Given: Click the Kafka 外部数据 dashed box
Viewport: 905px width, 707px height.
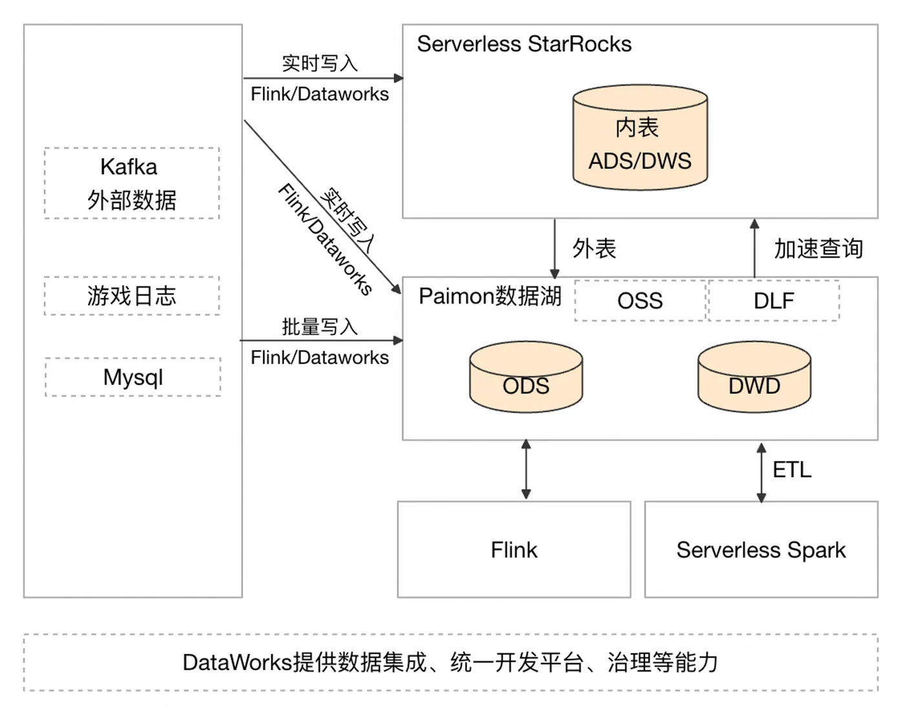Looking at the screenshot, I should (132, 184).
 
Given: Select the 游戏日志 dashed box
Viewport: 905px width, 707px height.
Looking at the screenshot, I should (132, 296).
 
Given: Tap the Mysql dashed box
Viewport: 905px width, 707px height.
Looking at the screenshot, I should (133, 377).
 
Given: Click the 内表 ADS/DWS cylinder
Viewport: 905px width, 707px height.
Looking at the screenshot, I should (640, 138).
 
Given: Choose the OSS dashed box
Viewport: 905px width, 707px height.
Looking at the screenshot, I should (640, 301).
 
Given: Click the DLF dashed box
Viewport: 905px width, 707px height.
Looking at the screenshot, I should (774, 301).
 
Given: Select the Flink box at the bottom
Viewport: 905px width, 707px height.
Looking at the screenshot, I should (514, 550).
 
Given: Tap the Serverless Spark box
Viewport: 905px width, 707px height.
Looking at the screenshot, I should (761, 550).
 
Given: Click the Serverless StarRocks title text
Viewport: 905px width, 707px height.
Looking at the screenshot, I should (524, 44).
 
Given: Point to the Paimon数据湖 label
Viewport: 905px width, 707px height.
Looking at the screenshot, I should (490, 296).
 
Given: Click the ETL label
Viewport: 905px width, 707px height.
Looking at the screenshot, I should (792, 470).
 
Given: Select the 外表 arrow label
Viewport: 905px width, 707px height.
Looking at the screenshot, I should (594, 248).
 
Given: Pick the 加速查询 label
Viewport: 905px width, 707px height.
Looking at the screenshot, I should (818, 248).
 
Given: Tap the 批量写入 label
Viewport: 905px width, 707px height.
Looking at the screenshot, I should (319, 327).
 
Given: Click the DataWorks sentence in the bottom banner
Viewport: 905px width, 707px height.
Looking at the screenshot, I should (451, 662).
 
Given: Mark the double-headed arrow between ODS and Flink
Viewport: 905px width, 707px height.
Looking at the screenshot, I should (526, 470).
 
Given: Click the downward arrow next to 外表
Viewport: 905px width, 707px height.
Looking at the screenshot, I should (554, 248).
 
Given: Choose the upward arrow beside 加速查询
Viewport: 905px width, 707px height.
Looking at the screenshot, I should (754, 248).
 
